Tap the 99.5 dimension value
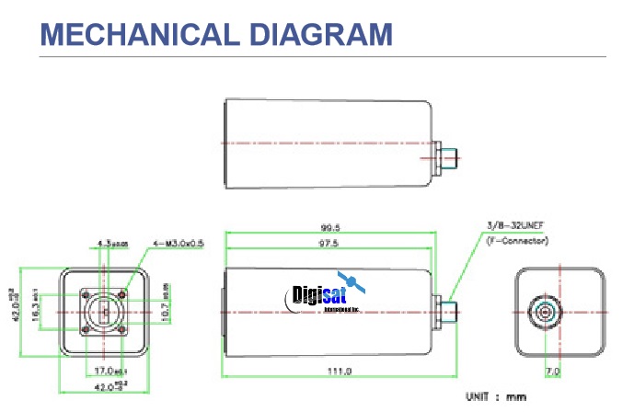(329, 228)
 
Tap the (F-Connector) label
(519, 240)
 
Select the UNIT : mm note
(497, 396)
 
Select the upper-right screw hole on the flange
(121, 295)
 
